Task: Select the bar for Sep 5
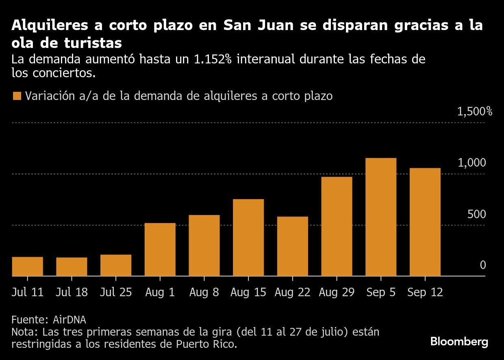pyautogui.click(x=381, y=217)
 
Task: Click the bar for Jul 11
pyautogui.click(x=28, y=267)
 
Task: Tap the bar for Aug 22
pyautogui.click(x=293, y=246)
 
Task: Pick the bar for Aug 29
pyautogui.click(x=337, y=226)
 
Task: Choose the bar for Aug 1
pyautogui.click(x=160, y=249)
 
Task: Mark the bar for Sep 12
pyautogui.click(x=425, y=222)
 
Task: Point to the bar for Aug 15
pyautogui.click(x=248, y=238)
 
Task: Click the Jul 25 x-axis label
pyautogui.click(x=116, y=292)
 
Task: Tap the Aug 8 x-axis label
pyautogui.click(x=204, y=292)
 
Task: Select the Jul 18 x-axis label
pyautogui.click(x=72, y=292)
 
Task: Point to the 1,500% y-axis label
pyautogui.click(x=474, y=111)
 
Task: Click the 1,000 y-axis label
pyautogui.click(x=471, y=163)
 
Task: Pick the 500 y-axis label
pyautogui.click(x=476, y=214)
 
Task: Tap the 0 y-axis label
pyautogui.click(x=482, y=265)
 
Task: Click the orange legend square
pyautogui.click(x=17, y=96)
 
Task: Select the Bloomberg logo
pyautogui.click(x=459, y=342)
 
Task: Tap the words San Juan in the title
pyautogui.click(x=256, y=25)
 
